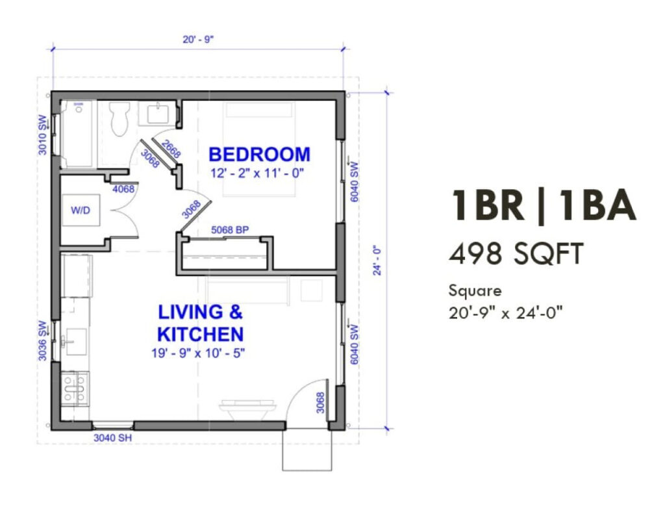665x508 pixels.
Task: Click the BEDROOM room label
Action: tap(259, 155)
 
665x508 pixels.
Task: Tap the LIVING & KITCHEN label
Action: tap(200, 323)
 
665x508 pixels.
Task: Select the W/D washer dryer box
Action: tap(81, 210)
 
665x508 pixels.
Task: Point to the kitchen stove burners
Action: tap(75, 388)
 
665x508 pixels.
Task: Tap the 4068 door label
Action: tap(123, 190)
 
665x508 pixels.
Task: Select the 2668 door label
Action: tap(171, 149)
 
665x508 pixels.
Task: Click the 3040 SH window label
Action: tap(113, 438)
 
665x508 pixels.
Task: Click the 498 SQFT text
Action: tap(515, 254)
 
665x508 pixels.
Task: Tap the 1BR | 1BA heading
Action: tap(542, 206)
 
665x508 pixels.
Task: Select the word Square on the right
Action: tap(475, 290)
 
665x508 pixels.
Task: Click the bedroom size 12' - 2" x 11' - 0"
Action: tap(257, 173)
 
